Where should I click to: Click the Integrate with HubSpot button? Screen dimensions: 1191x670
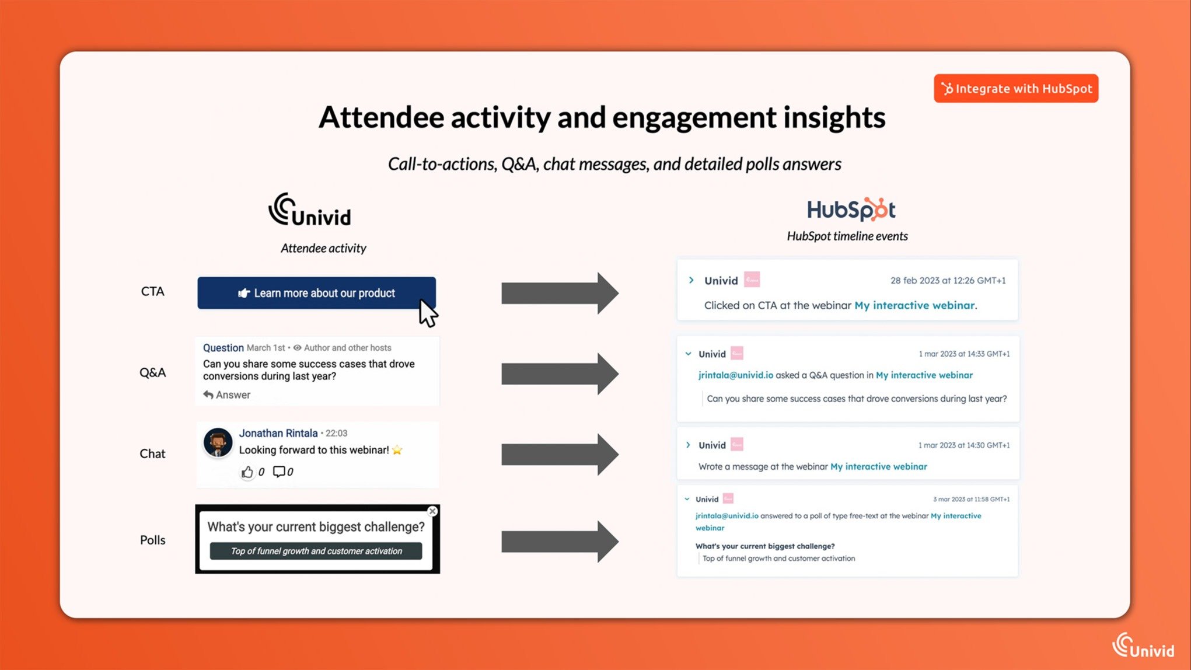coord(1016,88)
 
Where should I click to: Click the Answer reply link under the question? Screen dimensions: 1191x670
coord(226,395)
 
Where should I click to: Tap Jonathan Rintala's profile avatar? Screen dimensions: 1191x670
coord(218,442)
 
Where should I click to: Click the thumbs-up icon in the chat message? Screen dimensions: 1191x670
coord(247,472)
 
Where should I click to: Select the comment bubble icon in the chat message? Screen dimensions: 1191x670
coord(279,472)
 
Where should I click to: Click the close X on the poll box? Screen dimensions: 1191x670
coord(432,511)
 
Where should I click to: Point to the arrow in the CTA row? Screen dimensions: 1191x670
coord(560,293)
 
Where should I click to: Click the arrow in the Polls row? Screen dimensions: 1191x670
coord(560,542)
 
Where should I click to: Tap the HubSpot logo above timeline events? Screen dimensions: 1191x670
coord(851,210)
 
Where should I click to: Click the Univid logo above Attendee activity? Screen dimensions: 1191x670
coord(310,210)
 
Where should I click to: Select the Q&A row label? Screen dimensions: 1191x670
coord(152,372)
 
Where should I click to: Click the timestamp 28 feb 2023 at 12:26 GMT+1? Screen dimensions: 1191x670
coord(948,281)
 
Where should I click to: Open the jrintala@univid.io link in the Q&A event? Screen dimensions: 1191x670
coord(735,375)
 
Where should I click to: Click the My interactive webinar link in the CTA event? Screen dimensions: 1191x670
coord(914,305)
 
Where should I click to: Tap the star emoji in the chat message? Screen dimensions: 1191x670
coord(397,450)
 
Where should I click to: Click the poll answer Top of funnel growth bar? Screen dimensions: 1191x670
coord(316,551)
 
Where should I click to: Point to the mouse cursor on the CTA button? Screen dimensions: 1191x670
coord(428,313)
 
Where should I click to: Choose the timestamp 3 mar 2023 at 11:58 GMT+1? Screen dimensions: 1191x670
coord(971,499)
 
